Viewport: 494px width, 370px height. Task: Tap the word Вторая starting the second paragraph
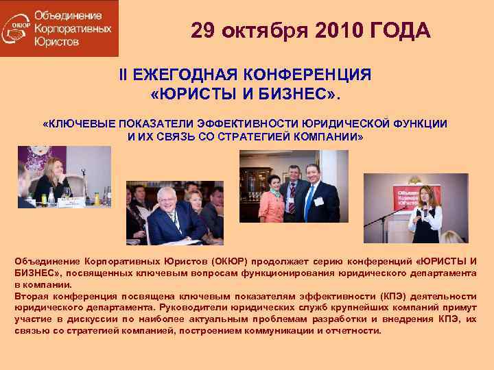34,296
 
